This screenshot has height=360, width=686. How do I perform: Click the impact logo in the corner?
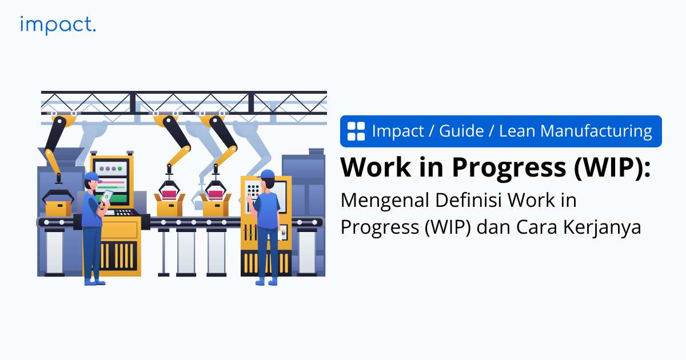[58, 25]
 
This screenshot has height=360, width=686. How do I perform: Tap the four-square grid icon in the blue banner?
[356, 131]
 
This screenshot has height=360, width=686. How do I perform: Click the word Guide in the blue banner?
[461, 131]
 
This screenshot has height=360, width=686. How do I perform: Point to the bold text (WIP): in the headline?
[612, 167]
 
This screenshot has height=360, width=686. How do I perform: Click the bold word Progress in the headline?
[509, 169]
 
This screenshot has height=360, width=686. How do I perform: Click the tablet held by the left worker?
[107, 196]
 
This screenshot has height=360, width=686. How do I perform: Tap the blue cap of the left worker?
[93, 177]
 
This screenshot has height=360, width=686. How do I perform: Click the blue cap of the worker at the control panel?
[266, 174]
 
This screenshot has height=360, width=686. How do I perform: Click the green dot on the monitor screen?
[119, 169]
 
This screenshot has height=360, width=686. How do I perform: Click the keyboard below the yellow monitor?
[125, 213]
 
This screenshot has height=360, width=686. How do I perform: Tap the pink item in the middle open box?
[169, 195]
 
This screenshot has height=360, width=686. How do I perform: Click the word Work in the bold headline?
[376, 167]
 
